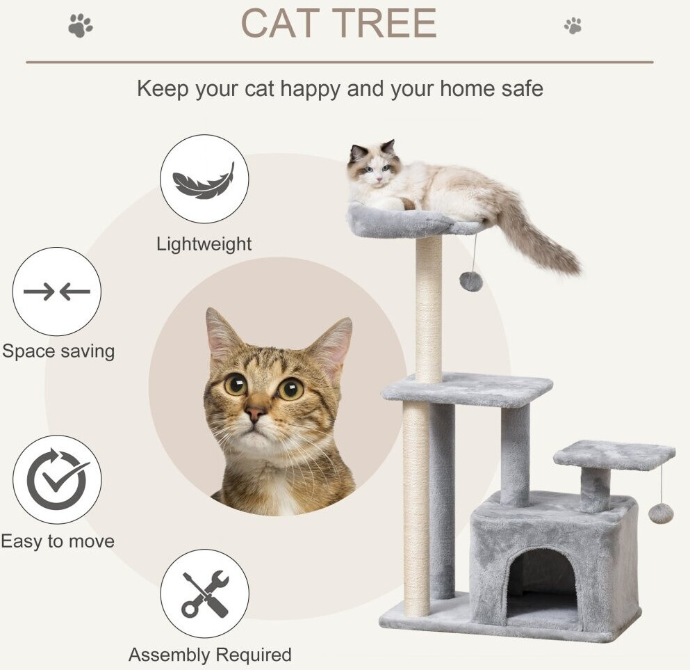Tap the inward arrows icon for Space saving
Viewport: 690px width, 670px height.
coord(57,292)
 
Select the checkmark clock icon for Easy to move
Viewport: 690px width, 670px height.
coord(57,479)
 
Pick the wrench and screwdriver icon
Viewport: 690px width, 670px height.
coord(205,593)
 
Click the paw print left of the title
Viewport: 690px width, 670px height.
coord(81,26)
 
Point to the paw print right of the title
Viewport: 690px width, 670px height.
coord(573,26)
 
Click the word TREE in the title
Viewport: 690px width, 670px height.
coord(384,23)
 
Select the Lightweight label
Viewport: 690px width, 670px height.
coord(204,244)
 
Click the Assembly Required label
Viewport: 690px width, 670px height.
coord(210,655)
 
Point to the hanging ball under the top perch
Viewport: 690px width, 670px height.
coord(471,282)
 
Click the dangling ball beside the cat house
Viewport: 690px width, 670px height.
coord(661,513)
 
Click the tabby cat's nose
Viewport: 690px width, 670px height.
coord(255,413)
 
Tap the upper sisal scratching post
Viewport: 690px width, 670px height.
coord(429,309)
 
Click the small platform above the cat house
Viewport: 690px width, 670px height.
coord(614,454)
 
